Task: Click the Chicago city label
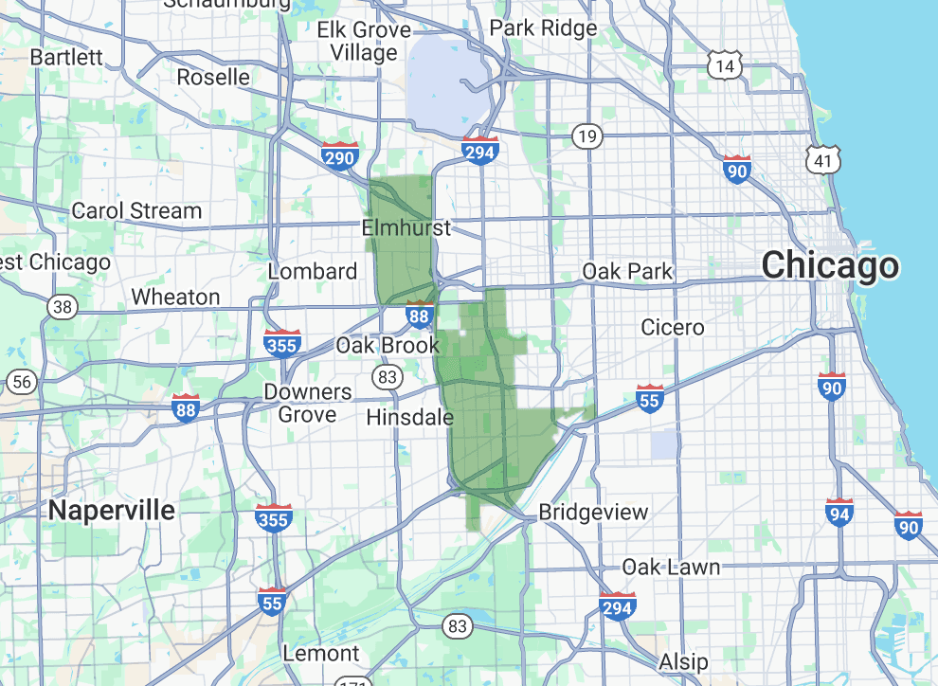point(830,265)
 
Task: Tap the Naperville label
point(112,511)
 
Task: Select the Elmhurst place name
point(406,228)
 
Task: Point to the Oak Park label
point(627,272)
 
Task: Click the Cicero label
point(673,328)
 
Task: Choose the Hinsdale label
point(409,417)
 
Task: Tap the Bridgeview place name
point(593,513)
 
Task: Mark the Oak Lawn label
point(671,568)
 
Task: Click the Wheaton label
point(175,298)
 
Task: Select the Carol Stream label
point(136,211)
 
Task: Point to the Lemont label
point(321,654)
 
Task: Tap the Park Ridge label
point(544,28)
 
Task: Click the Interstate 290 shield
point(338,155)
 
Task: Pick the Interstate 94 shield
point(839,513)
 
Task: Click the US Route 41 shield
point(823,160)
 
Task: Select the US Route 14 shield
point(725,65)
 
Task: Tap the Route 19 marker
point(587,137)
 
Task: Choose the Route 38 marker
point(63,307)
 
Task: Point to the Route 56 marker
point(22,383)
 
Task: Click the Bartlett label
point(66,57)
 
